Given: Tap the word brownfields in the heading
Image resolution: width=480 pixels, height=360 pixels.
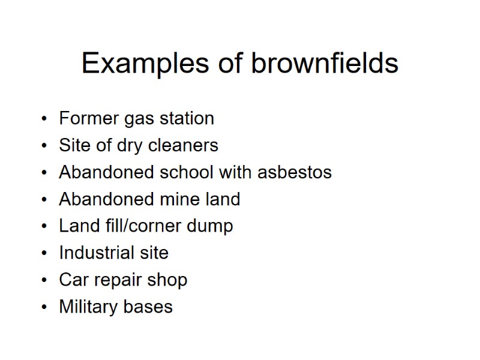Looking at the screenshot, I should point(325,63).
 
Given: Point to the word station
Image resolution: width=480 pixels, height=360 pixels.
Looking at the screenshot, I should point(187,118).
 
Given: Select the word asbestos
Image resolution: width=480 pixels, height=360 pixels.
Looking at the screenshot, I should point(294,172).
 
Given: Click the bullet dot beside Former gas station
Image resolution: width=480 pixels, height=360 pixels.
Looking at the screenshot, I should point(44,119).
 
